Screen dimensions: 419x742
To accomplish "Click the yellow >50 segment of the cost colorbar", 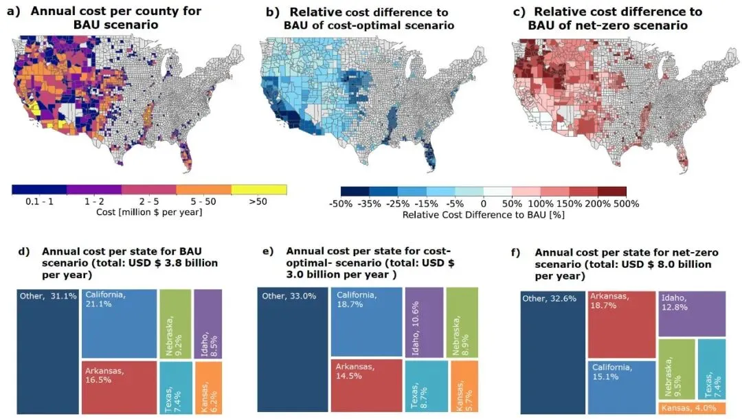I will point(259,189).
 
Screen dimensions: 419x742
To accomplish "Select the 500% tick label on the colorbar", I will point(627,204).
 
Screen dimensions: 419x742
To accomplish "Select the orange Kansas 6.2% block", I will point(208,387).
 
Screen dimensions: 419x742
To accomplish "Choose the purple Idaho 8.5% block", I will point(208,323).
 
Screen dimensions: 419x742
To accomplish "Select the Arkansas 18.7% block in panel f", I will point(621,324).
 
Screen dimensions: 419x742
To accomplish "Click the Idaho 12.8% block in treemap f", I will point(692,313).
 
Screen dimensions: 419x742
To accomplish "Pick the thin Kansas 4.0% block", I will point(692,408).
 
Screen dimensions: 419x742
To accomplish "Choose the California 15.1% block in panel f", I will point(621,387).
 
